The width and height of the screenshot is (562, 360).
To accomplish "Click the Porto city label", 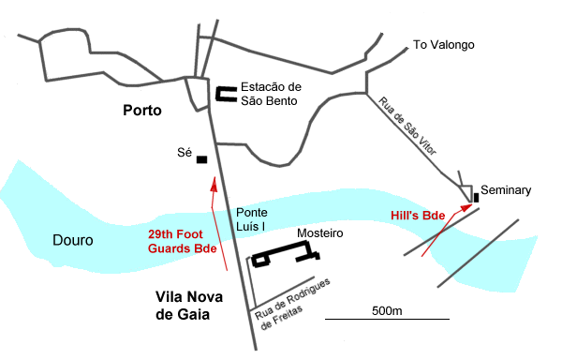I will coord(142,111).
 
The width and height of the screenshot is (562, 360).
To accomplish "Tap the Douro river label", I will coord(72,240).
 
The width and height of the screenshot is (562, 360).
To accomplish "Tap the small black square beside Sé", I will coord(201,159).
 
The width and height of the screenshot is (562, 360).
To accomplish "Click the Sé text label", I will coord(185,152).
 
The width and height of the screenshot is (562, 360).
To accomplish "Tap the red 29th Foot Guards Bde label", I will coord(183,242).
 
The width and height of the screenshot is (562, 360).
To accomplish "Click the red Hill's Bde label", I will coord(417,216).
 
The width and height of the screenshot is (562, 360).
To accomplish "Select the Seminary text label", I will coord(506,190).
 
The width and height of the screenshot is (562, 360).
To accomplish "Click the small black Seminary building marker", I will coord(477,197).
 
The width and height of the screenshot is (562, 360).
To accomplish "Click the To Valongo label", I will coord(444,45).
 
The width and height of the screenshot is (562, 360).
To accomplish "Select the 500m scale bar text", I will coord(386,310).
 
